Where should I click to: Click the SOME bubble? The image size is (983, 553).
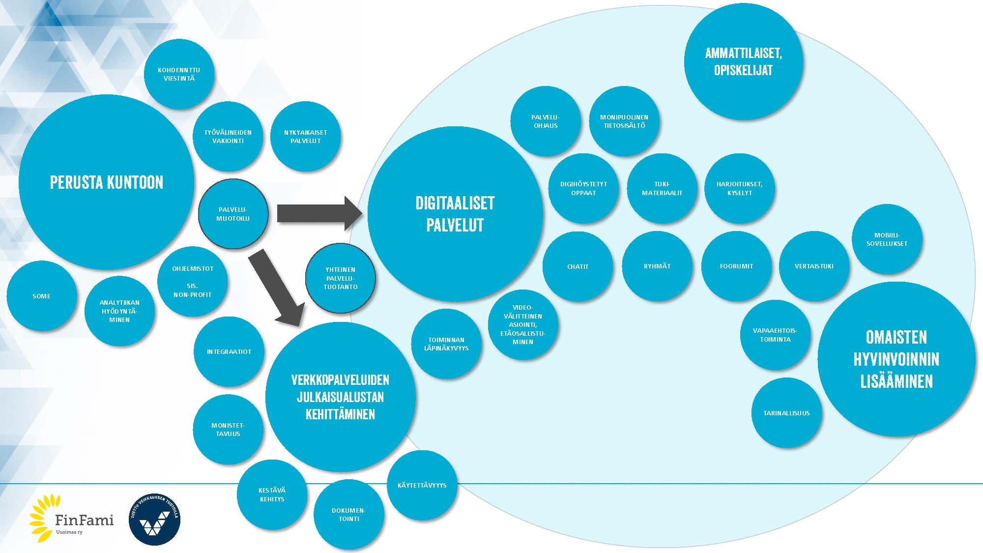pyautogui.click(x=42, y=296)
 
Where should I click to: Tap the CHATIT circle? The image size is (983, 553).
pyautogui.click(x=578, y=266)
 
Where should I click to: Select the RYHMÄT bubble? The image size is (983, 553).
pyautogui.click(x=657, y=266)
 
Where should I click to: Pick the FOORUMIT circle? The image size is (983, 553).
pyautogui.click(x=736, y=266)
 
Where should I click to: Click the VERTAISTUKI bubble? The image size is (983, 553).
pyautogui.click(x=814, y=266)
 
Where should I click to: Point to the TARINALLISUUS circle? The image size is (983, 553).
pyautogui.click(x=786, y=413)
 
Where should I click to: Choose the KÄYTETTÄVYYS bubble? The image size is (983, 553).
pyautogui.click(x=422, y=485)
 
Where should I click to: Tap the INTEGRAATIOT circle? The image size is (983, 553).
pyautogui.click(x=229, y=351)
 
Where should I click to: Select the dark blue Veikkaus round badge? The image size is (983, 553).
pyautogui.click(x=154, y=520)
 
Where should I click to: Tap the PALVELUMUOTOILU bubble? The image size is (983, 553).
pyautogui.click(x=233, y=214)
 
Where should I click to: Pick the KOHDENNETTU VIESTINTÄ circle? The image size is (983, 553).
pyautogui.click(x=179, y=74)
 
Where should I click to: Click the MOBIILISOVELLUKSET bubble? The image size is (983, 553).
pyautogui.click(x=887, y=239)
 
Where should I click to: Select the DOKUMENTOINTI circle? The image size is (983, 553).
pyautogui.click(x=349, y=514)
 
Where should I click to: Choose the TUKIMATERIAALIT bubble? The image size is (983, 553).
pyautogui.click(x=662, y=189)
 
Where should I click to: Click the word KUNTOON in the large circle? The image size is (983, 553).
pyautogui.click(x=135, y=182)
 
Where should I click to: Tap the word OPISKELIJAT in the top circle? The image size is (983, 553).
pyautogui.click(x=743, y=70)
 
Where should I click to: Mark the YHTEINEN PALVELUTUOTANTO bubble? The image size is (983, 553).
pyautogui.click(x=341, y=278)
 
